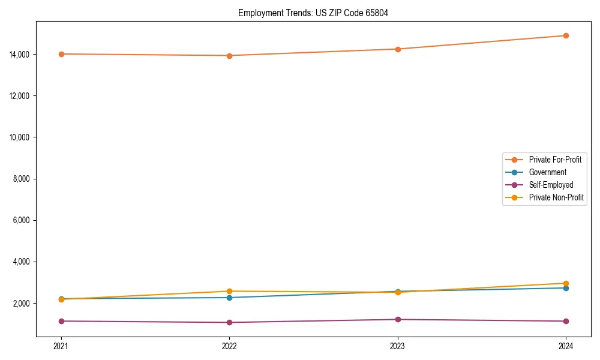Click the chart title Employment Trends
(313, 13)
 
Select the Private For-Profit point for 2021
(61, 54)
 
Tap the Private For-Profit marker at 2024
(566, 35)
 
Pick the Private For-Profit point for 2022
(229, 56)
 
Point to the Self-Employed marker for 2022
(229, 322)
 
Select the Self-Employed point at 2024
(566, 321)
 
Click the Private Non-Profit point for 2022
(229, 291)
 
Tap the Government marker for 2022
(229, 298)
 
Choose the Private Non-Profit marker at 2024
(566, 283)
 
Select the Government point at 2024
(566, 288)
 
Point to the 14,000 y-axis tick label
(20, 55)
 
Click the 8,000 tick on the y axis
(22, 179)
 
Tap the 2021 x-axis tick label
(61, 346)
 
